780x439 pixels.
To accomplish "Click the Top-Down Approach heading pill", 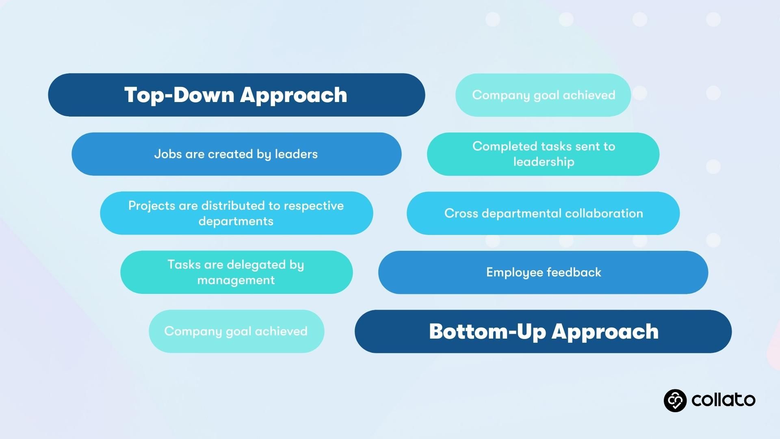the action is pos(236,95).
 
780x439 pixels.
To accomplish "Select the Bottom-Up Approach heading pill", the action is pos(543,331).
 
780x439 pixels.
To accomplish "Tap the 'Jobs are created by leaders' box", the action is pos(236,154).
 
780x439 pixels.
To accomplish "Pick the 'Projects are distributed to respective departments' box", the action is pos(236,213).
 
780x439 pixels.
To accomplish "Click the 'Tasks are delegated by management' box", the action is pos(236,272).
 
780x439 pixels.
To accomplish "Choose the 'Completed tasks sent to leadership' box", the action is pos(543,154).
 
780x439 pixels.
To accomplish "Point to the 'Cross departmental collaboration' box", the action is pos(543,213).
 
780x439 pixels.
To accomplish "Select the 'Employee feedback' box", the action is pos(543,272).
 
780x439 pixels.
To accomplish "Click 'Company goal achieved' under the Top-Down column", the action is pos(236,331).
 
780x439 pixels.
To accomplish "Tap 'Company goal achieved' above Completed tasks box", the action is pos(543,95).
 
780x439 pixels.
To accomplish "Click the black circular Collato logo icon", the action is pos(675,400).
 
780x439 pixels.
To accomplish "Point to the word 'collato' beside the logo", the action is pos(724,400).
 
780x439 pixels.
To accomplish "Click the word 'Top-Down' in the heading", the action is pos(179,95).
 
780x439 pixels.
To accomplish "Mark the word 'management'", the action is pos(236,280).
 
